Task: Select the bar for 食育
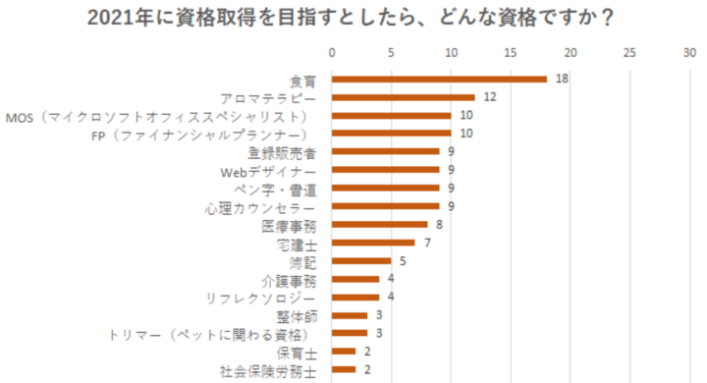439,79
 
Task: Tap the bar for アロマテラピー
404,97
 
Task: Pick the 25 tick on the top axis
629,51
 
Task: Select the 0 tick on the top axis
332,51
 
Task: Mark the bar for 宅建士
373,243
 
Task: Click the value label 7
428,243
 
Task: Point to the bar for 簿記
361,261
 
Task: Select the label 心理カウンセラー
260,206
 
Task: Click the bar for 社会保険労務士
344,369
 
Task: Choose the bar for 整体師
350,315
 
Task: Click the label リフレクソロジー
260,298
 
